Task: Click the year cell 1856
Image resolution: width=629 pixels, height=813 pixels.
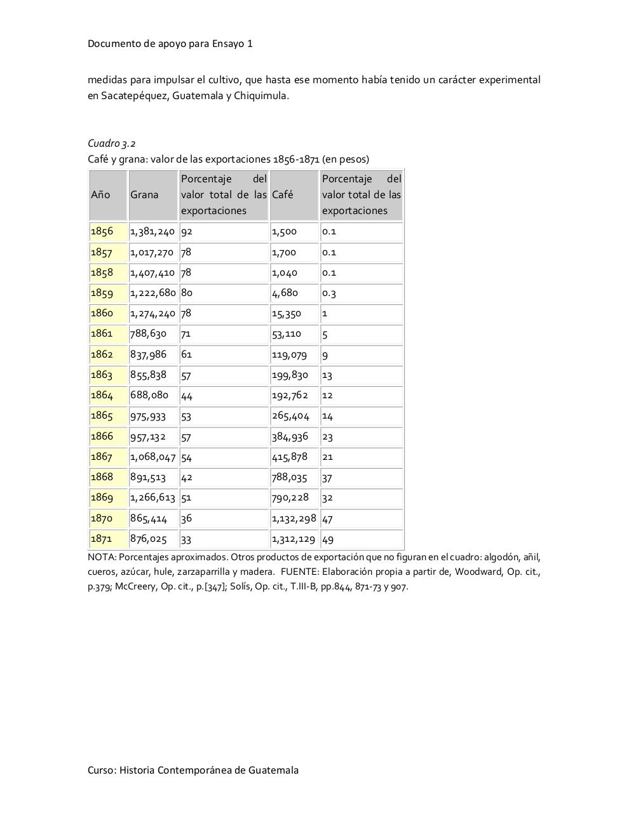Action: click(102, 231)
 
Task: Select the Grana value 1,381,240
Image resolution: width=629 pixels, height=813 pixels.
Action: click(152, 231)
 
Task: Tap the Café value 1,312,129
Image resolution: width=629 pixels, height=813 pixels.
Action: click(294, 539)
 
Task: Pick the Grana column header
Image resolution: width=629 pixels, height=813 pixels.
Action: click(144, 195)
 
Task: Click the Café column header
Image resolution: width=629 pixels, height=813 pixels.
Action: click(283, 195)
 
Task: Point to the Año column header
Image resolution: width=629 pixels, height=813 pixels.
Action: click(100, 195)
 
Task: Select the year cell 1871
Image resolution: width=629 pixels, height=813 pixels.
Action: click(102, 539)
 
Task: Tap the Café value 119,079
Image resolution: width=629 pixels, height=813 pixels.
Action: click(289, 354)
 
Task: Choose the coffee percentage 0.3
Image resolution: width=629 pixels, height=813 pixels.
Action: click(329, 293)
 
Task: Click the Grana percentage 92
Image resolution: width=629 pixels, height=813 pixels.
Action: click(187, 231)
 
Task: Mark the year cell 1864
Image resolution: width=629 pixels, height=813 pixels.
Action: click(102, 395)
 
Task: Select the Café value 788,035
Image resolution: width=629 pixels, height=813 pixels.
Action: click(289, 477)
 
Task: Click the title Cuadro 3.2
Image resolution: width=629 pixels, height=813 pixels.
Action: click(112, 144)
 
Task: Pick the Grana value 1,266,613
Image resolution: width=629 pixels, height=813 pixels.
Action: click(152, 497)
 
